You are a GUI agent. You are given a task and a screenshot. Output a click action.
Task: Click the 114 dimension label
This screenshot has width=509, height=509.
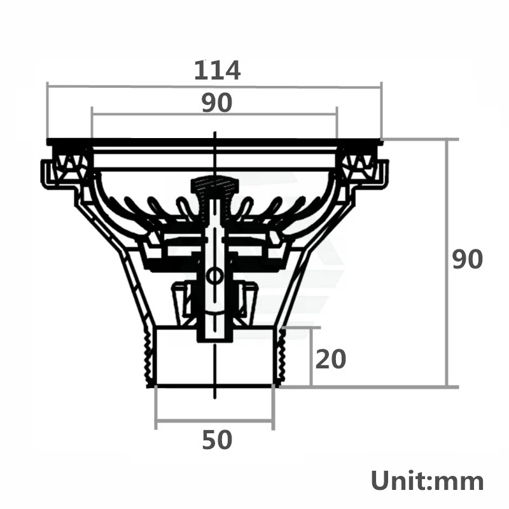coord(217,69)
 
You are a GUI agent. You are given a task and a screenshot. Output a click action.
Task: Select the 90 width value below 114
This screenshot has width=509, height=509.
coord(217,102)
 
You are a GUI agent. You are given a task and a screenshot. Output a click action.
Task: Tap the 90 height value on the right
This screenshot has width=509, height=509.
coord(468,260)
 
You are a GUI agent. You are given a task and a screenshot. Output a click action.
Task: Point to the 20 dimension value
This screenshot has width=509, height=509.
coord(331,359)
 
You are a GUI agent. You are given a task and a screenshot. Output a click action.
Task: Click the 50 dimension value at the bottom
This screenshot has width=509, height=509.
coord(217,440)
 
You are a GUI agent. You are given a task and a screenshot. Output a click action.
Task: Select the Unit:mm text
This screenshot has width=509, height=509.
coord(427,480)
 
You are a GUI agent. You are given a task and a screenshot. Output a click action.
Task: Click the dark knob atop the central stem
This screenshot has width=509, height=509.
coord(214,186)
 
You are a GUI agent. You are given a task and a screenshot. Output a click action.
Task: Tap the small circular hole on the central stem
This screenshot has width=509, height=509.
coord(215,276)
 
